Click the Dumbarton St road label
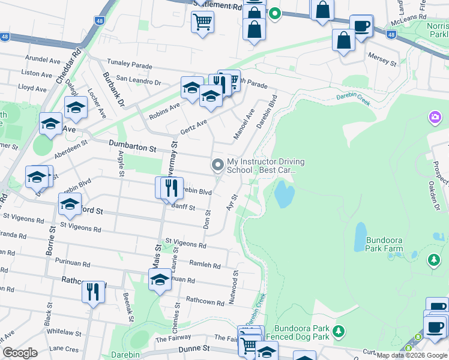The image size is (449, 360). coord(132,146)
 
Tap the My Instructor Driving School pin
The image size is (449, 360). coord(217,164)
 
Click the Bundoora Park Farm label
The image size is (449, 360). coord(378,244)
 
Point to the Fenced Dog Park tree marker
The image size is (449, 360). coord(339,331)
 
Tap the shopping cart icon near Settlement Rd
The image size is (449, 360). coord(202,22)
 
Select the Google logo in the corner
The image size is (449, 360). coord(20,352)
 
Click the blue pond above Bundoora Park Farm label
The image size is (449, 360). coord(360,236)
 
